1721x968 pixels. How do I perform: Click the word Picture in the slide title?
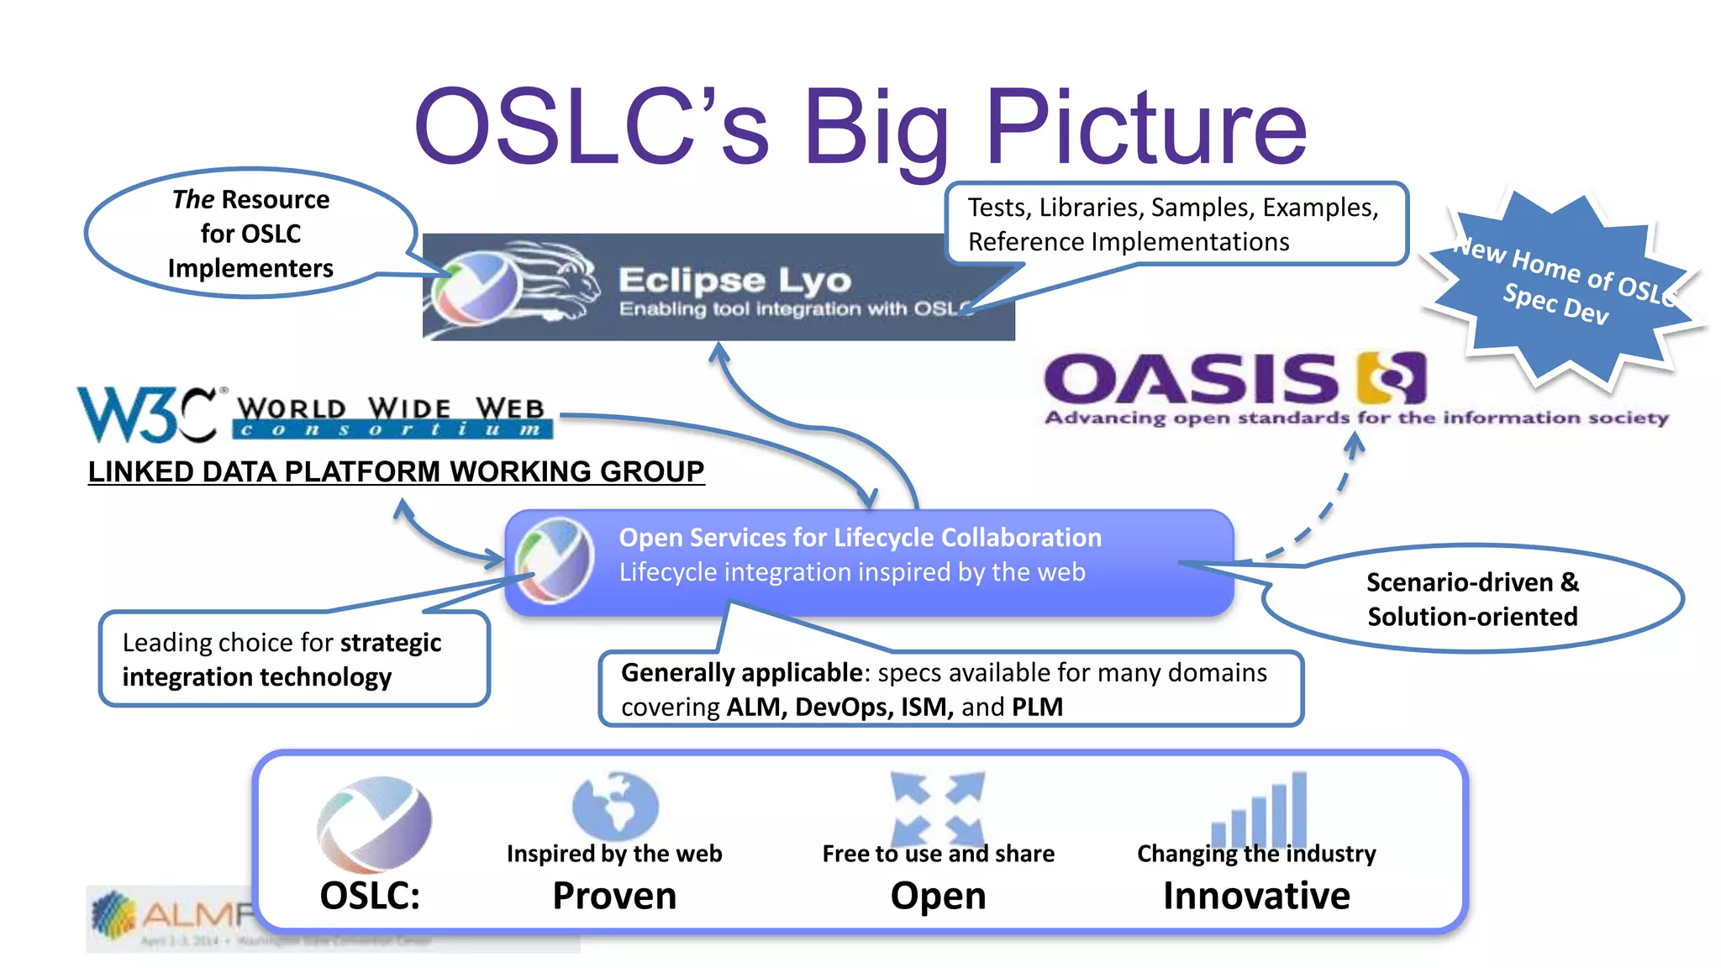pos(1146,128)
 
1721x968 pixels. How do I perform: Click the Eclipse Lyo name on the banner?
pos(734,281)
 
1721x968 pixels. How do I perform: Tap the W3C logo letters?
pos(147,413)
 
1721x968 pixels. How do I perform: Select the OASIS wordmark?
pos(1190,379)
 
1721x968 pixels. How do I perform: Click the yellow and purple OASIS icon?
pos(1392,378)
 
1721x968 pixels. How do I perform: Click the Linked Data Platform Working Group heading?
pos(396,471)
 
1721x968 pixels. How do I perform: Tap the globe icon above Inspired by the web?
pos(615,805)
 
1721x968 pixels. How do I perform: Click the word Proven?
pos(614,896)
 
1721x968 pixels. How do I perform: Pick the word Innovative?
pos(1256,896)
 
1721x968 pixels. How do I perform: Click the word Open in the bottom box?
pos(938,896)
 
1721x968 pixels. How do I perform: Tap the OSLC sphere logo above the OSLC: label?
pos(374,824)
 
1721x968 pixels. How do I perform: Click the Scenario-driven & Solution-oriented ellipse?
pos(1472,599)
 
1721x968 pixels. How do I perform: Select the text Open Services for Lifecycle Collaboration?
pos(860,538)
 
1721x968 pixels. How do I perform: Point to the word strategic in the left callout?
pos(391,643)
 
